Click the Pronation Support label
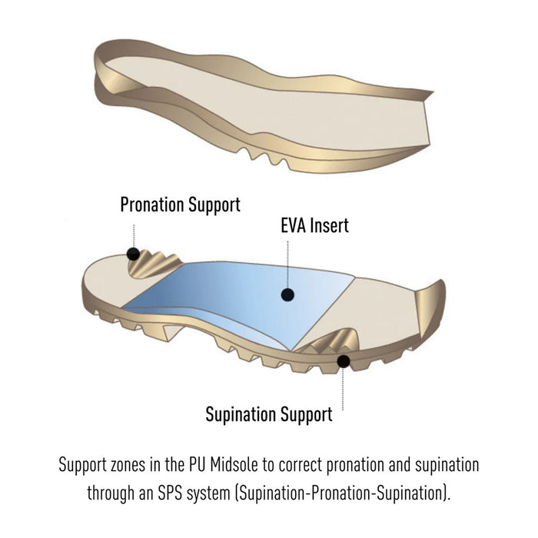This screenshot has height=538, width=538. pos(180,205)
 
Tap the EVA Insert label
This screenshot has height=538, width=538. pos(314,225)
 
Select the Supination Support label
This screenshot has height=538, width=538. pos(269,414)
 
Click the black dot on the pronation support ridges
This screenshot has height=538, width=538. pos(133,254)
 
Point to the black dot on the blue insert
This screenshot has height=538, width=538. pos(287,294)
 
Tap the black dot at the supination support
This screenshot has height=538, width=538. pos(344,361)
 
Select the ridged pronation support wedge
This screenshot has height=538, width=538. pos(155,264)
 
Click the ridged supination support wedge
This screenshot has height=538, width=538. pos(330,341)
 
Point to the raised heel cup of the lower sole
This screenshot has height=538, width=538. pos(430,308)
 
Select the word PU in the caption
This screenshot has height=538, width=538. pos(197,465)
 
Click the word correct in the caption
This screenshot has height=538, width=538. pos(301,466)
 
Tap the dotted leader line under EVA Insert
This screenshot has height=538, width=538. pos(287,264)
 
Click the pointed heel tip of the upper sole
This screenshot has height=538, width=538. pos(433,91)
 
